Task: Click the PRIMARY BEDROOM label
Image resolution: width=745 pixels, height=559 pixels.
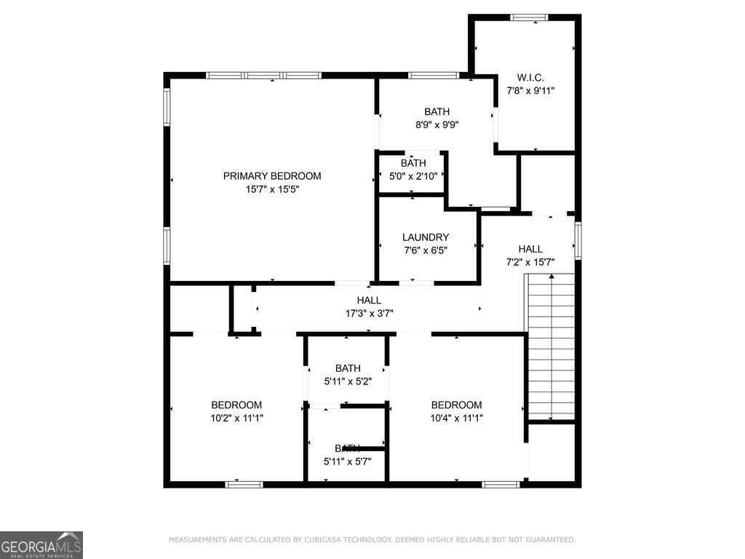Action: point(271,176)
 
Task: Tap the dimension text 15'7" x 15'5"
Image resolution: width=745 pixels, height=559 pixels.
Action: point(271,189)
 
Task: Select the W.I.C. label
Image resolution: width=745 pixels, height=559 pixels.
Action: point(530,78)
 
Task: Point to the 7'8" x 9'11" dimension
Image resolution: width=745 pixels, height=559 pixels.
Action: point(530,91)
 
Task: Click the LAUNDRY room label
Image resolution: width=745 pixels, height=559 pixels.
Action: point(426,237)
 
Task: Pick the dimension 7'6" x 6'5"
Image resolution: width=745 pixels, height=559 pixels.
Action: point(426,250)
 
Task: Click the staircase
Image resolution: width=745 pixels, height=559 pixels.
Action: point(551,346)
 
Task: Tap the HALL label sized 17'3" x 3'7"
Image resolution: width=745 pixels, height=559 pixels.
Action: point(369,301)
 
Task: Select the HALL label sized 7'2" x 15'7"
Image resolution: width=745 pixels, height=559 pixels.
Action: point(530,249)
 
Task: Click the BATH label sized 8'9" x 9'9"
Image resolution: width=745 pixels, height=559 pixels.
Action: point(437,111)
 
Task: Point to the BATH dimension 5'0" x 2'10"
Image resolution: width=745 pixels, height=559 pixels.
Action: point(413,176)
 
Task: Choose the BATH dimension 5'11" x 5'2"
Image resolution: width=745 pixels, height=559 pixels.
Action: point(348,381)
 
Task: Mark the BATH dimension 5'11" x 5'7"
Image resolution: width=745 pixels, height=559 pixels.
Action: point(348,461)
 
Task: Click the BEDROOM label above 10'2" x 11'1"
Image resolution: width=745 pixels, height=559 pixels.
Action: point(236,405)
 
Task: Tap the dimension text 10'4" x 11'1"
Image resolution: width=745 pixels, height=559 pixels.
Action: point(457,418)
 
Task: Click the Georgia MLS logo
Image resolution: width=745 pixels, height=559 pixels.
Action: point(41,545)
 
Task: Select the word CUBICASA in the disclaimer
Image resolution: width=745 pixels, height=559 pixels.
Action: point(322,540)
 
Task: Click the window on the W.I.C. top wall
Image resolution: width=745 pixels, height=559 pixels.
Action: point(529,17)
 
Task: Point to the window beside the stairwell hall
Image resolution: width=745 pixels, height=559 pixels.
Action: point(578,240)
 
